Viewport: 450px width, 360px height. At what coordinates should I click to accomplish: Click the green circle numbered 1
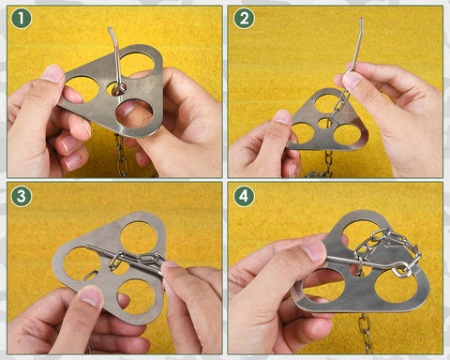[x=22, y=19]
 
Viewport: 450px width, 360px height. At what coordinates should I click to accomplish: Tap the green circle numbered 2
[x=244, y=19]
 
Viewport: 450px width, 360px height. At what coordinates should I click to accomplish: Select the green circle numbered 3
[x=22, y=196]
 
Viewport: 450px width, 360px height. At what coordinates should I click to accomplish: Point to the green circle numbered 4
[x=244, y=196]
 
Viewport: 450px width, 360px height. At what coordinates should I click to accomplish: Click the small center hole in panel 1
[x=116, y=89]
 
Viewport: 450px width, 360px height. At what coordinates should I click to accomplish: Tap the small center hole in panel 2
[x=324, y=123]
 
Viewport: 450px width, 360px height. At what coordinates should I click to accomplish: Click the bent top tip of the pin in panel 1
[x=110, y=29]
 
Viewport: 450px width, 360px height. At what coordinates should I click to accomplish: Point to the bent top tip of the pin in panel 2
[x=362, y=20]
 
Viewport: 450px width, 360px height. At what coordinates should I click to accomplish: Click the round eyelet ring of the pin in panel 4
[x=402, y=270]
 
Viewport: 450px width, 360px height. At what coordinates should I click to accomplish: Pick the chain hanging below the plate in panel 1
[x=122, y=156]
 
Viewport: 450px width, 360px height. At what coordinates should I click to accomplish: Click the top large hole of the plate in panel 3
[x=139, y=238]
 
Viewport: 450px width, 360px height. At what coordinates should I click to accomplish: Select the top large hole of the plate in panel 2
[x=328, y=103]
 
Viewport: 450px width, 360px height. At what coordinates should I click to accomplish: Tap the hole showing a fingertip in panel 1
[x=134, y=113]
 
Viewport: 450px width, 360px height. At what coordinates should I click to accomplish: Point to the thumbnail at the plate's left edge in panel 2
[x=282, y=117]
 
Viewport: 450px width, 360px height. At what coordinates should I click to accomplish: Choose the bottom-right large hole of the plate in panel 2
[x=347, y=135]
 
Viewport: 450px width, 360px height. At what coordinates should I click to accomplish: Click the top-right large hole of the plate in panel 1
[x=137, y=64]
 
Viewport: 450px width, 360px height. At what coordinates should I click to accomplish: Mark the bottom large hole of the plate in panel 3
[x=136, y=296]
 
